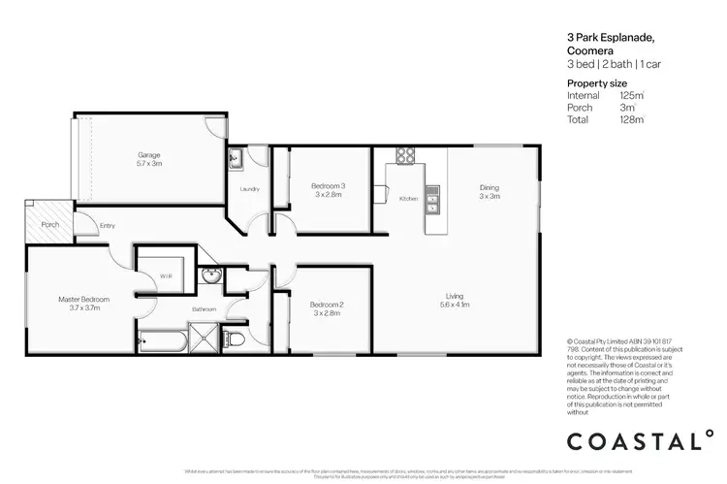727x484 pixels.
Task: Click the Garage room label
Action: pos(148,154)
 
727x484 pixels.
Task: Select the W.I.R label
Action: pos(165,276)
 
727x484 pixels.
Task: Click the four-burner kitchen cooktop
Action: pos(403,155)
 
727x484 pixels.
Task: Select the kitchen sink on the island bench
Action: pos(432,204)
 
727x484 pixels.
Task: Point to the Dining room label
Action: pos(489,188)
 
